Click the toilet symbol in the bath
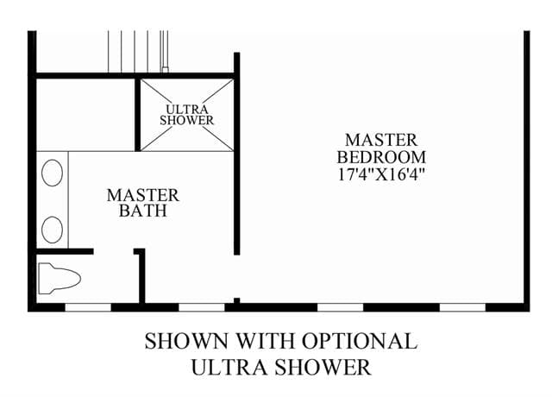point(60,278)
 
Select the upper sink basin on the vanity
point(52,173)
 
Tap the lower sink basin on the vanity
point(52,230)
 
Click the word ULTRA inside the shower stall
point(187,110)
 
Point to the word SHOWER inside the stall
point(186,120)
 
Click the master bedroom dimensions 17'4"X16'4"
point(381,174)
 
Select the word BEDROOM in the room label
point(381,157)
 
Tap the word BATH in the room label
point(143,211)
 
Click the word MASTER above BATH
point(143,196)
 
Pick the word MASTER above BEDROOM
point(381,140)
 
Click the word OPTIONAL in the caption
point(360,341)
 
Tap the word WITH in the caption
point(265,341)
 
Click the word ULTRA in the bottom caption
point(229,367)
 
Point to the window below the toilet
point(88,307)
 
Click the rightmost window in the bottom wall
point(462,307)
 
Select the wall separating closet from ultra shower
point(138,114)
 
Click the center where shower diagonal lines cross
point(187,115)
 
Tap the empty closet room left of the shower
point(85,115)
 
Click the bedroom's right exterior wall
point(527,171)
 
